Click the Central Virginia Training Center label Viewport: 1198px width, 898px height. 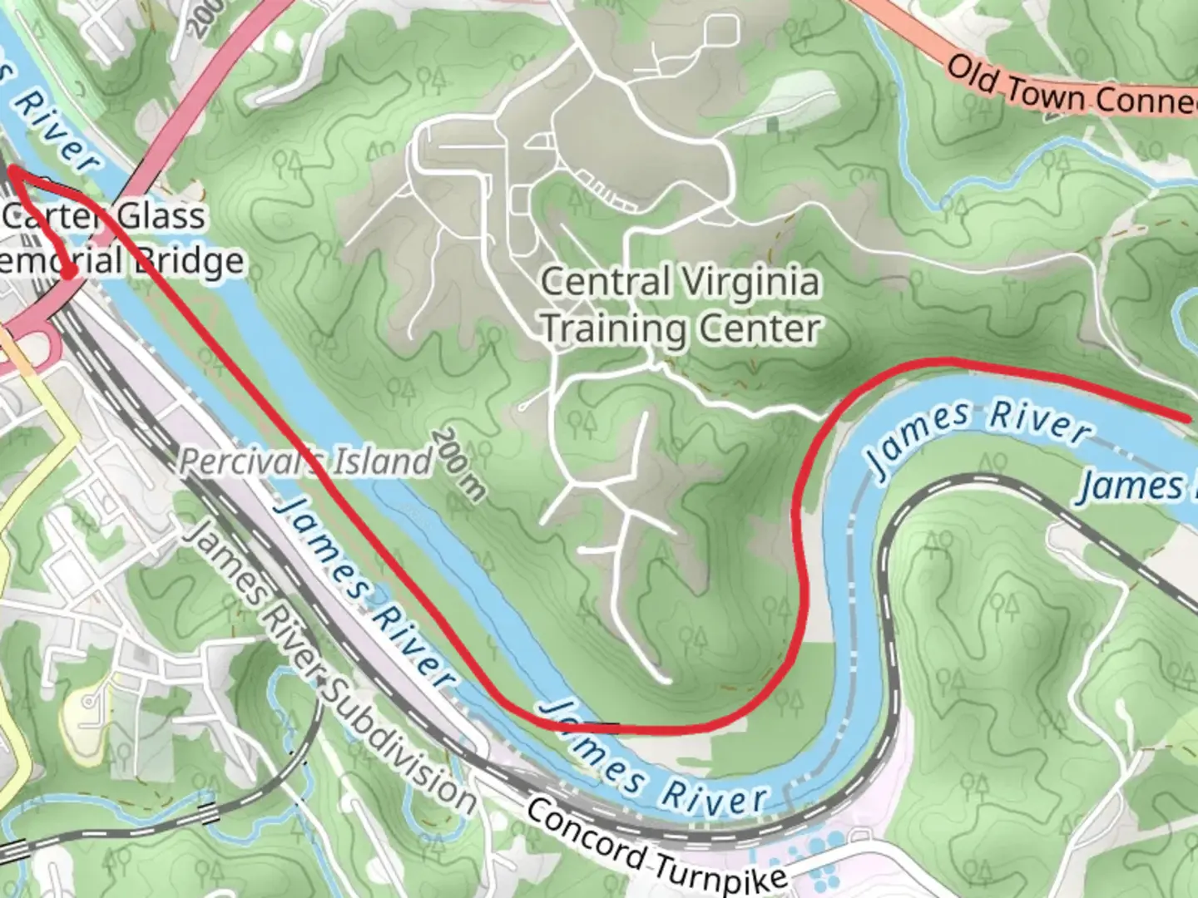tap(681, 306)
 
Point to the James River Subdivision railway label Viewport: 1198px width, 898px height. tap(329, 665)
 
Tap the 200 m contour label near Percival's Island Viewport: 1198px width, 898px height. tap(458, 466)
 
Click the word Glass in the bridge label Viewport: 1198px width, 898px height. tap(160, 216)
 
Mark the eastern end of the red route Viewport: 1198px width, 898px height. tap(1187, 417)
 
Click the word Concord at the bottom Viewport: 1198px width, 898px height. tap(586, 831)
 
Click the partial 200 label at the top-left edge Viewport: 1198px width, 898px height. tap(205, 17)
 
